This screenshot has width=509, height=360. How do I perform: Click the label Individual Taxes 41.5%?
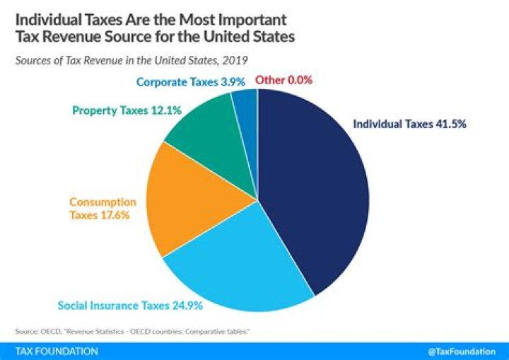click(409, 123)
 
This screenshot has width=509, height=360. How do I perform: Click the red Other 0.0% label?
click(283, 80)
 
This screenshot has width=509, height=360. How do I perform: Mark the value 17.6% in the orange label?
click(115, 216)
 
